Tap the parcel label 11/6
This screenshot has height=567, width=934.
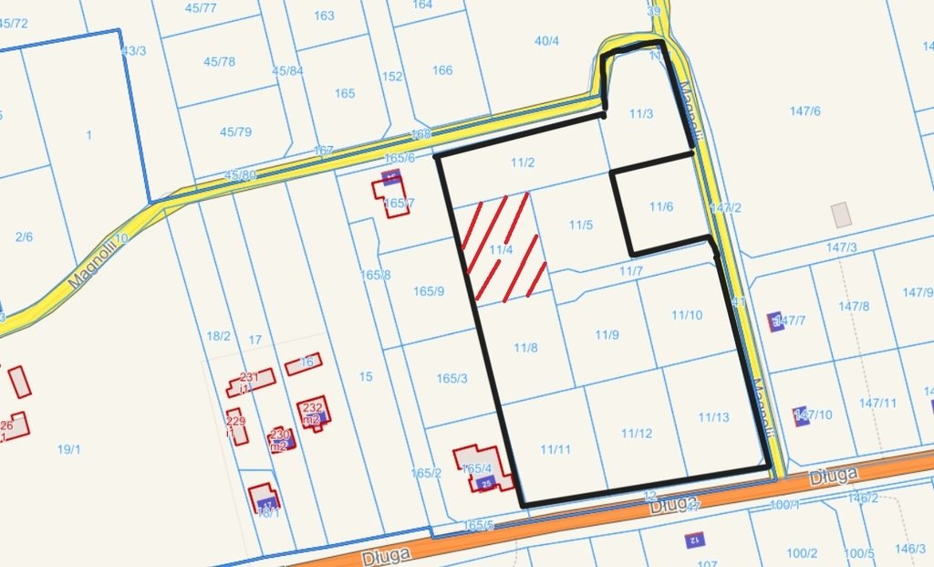pyautogui.click(x=661, y=207)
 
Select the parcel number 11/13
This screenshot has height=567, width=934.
pyautogui.click(x=714, y=417)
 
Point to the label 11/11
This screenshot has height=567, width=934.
pyautogui.click(x=555, y=448)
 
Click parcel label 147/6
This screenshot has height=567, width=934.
pyautogui.click(x=805, y=111)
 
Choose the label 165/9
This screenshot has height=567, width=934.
pyautogui.click(x=429, y=291)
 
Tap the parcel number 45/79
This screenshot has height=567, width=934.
pyautogui.click(x=235, y=132)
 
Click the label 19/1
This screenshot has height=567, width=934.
pyautogui.click(x=69, y=448)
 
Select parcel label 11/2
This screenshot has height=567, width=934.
pyautogui.click(x=523, y=163)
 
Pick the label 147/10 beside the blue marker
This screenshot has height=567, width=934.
pyautogui.click(x=815, y=415)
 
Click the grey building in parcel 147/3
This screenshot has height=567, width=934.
pyautogui.click(x=840, y=215)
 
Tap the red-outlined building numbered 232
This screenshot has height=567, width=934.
pyautogui.click(x=313, y=413)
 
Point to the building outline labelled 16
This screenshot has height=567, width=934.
pyautogui.click(x=303, y=364)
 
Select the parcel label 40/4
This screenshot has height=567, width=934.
pyautogui.click(x=547, y=41)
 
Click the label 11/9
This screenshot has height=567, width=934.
pyautogui.click(x=607, y=335)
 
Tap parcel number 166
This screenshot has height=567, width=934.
pyautogui.click(x=442, y=70)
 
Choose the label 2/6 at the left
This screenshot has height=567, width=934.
pyautogui.click(x=24, y=236)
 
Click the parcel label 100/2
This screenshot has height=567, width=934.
pyautogui.click(x=802, y=553)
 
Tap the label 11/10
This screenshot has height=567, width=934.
pyautogui.click(x=687, y=315)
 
